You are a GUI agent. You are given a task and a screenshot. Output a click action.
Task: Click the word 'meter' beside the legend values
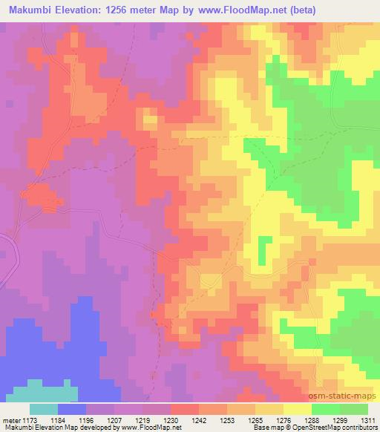click(x=10, y=419)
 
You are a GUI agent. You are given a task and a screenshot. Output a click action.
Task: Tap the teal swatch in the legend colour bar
click(x=44, y=409)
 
